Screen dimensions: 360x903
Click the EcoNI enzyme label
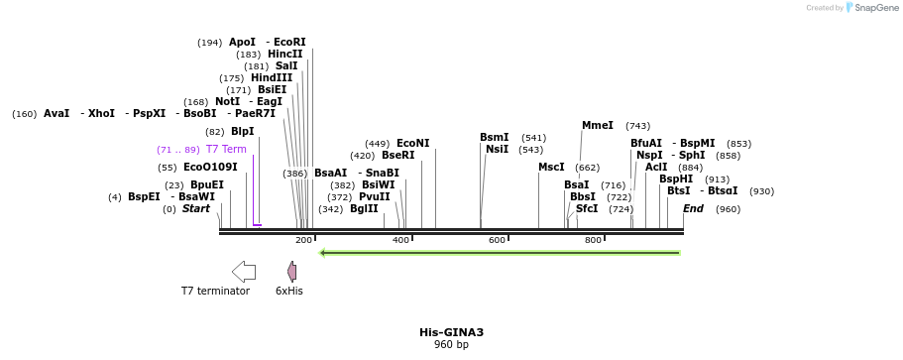point(412,144)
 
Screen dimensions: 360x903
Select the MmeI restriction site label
point(597,126)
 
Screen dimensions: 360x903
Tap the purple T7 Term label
point(226,150)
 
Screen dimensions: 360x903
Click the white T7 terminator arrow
point(243,272)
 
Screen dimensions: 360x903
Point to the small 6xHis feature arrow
point(291,272)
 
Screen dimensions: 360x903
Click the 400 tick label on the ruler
point(400,240)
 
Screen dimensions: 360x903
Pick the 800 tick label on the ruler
point(593,240)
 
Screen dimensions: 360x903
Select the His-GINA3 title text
point(451,332)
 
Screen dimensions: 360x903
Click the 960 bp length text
point(451,345)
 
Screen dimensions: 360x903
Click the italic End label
point(693,209)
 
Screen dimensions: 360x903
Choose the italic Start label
point(196,209)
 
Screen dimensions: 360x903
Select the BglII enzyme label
point(364,209)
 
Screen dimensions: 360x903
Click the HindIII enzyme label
point(272,78)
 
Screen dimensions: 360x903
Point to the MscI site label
point(551,168)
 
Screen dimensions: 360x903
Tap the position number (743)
point(637,126)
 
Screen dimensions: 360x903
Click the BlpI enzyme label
point(242,132)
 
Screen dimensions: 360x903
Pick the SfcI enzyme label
point(587,209)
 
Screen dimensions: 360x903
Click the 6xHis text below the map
point(289,292)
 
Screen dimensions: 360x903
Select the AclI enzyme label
point(656,168)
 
